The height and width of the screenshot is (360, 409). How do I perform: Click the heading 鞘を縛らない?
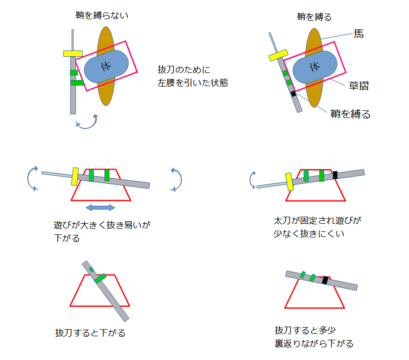click(x=101, y=16)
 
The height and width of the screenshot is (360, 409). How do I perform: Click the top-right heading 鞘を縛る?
click(x=314, y=17)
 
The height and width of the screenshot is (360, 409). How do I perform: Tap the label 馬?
click(x=359, y=34)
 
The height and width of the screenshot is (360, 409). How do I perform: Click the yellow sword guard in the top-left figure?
click(x=73, y=53)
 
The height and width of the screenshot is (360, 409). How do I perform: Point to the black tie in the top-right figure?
click(x=293, y=94)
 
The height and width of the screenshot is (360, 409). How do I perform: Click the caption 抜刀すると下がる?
click(x=90, y=333)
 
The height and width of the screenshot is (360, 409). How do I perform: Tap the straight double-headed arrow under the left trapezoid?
click(x=100, y=207)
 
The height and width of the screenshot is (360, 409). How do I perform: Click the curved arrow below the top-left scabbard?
click(x=86, y=122)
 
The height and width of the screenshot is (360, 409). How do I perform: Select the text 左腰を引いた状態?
click(x=193, y=83)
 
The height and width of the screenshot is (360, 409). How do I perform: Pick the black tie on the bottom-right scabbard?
click(x=325, y=279)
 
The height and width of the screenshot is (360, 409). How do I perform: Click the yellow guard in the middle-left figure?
click(x=76, y=177)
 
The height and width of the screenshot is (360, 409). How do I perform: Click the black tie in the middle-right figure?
click(x=335, y=175)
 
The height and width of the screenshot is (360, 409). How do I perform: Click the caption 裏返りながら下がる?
click(x=314, y=343)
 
